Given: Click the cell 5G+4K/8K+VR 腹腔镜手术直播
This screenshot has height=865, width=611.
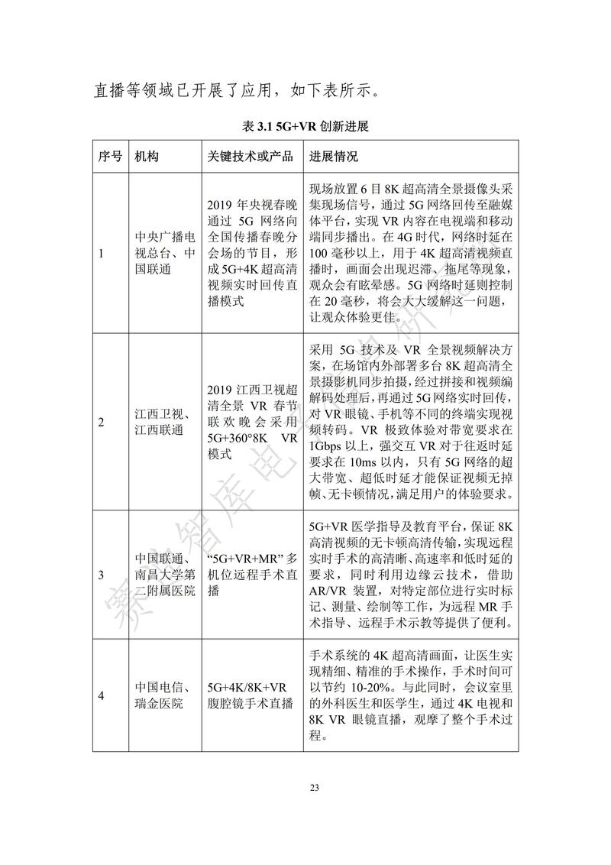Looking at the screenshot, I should coord(251,695).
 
